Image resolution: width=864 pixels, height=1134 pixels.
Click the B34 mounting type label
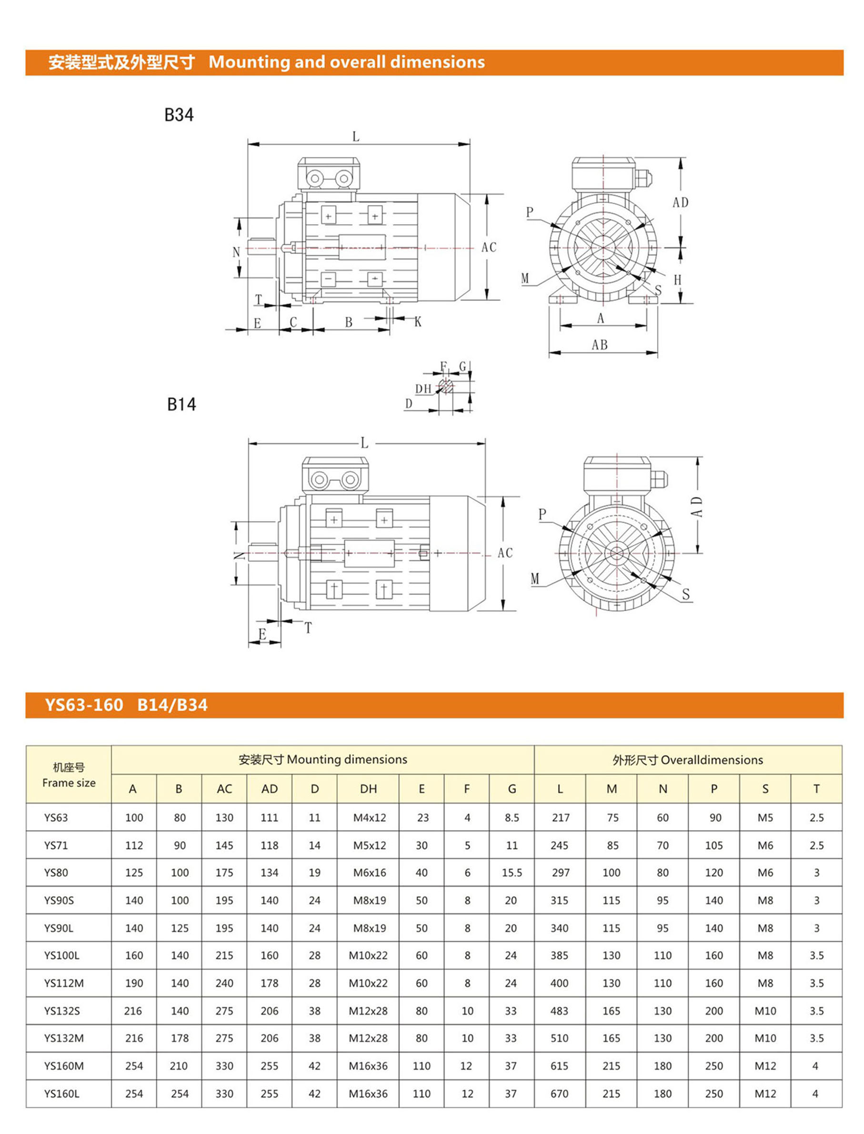179,115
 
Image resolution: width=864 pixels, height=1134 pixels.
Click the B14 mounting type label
181,405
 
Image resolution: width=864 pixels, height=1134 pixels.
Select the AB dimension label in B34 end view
600,345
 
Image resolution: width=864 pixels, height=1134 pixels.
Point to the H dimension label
677,279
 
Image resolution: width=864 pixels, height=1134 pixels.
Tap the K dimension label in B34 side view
418,322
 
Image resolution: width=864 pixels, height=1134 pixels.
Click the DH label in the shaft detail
423,389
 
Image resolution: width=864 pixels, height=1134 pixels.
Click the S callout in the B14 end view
685,595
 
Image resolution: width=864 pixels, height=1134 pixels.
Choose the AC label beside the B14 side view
505,553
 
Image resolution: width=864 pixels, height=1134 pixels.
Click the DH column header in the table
368,789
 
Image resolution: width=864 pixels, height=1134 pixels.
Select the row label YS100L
62,955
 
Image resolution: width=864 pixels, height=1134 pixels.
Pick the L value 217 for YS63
560,818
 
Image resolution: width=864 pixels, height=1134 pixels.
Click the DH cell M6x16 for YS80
369,872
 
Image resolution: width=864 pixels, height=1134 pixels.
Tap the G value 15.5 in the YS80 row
512,872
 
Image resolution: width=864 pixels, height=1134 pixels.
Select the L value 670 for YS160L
559,1094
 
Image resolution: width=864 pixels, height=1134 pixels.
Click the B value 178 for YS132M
180,1038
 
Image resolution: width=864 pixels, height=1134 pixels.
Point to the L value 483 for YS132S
559,1011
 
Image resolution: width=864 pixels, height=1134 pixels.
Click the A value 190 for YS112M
134,983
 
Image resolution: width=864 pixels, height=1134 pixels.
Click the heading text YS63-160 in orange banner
84,705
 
